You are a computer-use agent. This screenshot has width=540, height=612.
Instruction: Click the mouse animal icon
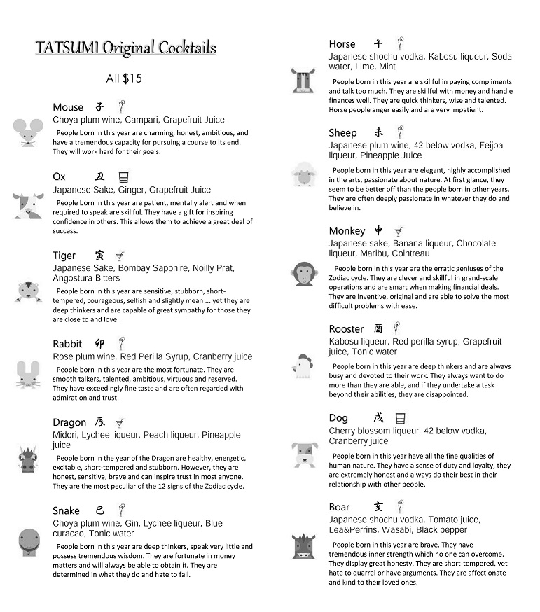tap(28, 132)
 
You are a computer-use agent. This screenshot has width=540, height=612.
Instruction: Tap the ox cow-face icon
tap(28, 206)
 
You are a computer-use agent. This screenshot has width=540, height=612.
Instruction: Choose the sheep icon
tap(305, 174)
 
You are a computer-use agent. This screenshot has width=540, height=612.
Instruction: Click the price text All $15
tap(124, 78)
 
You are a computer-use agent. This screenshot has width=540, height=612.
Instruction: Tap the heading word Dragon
tap(69, 422)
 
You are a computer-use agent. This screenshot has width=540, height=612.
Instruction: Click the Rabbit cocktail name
tap(67, 344)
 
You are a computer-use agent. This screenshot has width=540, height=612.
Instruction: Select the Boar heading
tap(339, 507)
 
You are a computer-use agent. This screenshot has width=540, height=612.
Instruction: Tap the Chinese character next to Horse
tap(378, 43)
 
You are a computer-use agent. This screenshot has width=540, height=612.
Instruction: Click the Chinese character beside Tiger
tap(100, 256)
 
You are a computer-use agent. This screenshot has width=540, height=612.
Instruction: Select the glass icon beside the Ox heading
tap(123, 177)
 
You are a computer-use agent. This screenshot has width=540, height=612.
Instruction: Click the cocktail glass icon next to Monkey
tap(398, 231)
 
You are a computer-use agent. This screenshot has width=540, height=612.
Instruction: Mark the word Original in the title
tap(129, 48)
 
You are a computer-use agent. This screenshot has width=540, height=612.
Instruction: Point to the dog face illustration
tap(305, 454)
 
